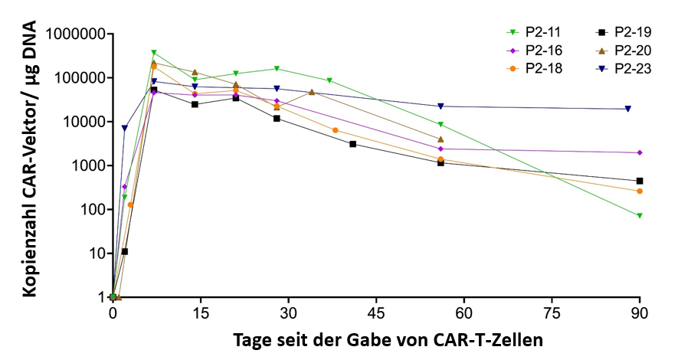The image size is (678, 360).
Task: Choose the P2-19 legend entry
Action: (x=622, y=32)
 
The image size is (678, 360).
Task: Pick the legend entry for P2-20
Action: (x=622, y=50)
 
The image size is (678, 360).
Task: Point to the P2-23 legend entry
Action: (x=622, y=67)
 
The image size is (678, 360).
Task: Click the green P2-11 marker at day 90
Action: (x=640, y=215)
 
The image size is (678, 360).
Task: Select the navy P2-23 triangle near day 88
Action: (x=628, y=109)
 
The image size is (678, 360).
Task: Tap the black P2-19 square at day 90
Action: (x=640, y=181)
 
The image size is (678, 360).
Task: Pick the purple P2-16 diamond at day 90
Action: (x=640, y=152)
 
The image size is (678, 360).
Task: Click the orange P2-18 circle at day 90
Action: (x=640, y=191)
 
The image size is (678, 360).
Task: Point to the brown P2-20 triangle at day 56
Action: (x=441, y=139)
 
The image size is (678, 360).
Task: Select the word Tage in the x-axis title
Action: (x=251, y=339)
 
